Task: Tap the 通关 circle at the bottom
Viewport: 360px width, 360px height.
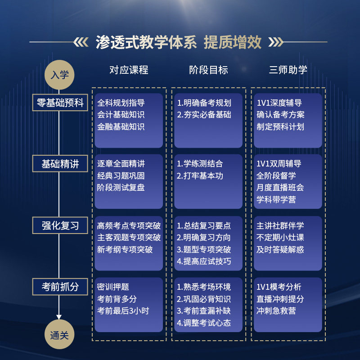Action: pyautogui.click(x=60, y=335)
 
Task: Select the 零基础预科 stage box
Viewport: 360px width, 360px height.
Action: pyautogui.click(x=60, y=103)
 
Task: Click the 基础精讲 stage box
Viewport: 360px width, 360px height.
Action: pyautogui.click(x=60, y=164)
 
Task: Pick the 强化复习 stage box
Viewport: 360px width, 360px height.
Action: pyautogui.click(x=60, y=225)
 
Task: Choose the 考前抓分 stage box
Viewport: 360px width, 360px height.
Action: pyautogui.click(x=60, y=286)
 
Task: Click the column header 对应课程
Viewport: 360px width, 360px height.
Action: pyautogui.click(x=129, y=70)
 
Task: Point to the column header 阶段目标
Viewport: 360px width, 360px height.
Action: pyautogui.click(x=208, y=70)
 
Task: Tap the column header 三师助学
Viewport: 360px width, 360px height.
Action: pyautogui.click(x=288, y=70)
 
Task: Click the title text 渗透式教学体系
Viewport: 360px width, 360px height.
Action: pyautogui.click(x=146, y=42)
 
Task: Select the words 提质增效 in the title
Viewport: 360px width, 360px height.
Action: pyautogui.click(x=232, y=42)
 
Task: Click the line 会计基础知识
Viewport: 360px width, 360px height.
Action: pyautogui.click(x=121, y=115)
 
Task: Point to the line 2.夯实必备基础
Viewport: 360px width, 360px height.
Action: pyautogui.click(x=204, y=115)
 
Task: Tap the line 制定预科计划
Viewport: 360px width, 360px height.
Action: pyautogui.click(x=280, y=127)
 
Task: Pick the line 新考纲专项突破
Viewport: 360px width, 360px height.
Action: pyautogui.click(x=125, y=249)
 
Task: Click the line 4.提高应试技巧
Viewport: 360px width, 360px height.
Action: pyautogui.click(x=204, y=261)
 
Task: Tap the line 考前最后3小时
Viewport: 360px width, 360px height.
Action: pyautogui.click(x=123, y=310)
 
